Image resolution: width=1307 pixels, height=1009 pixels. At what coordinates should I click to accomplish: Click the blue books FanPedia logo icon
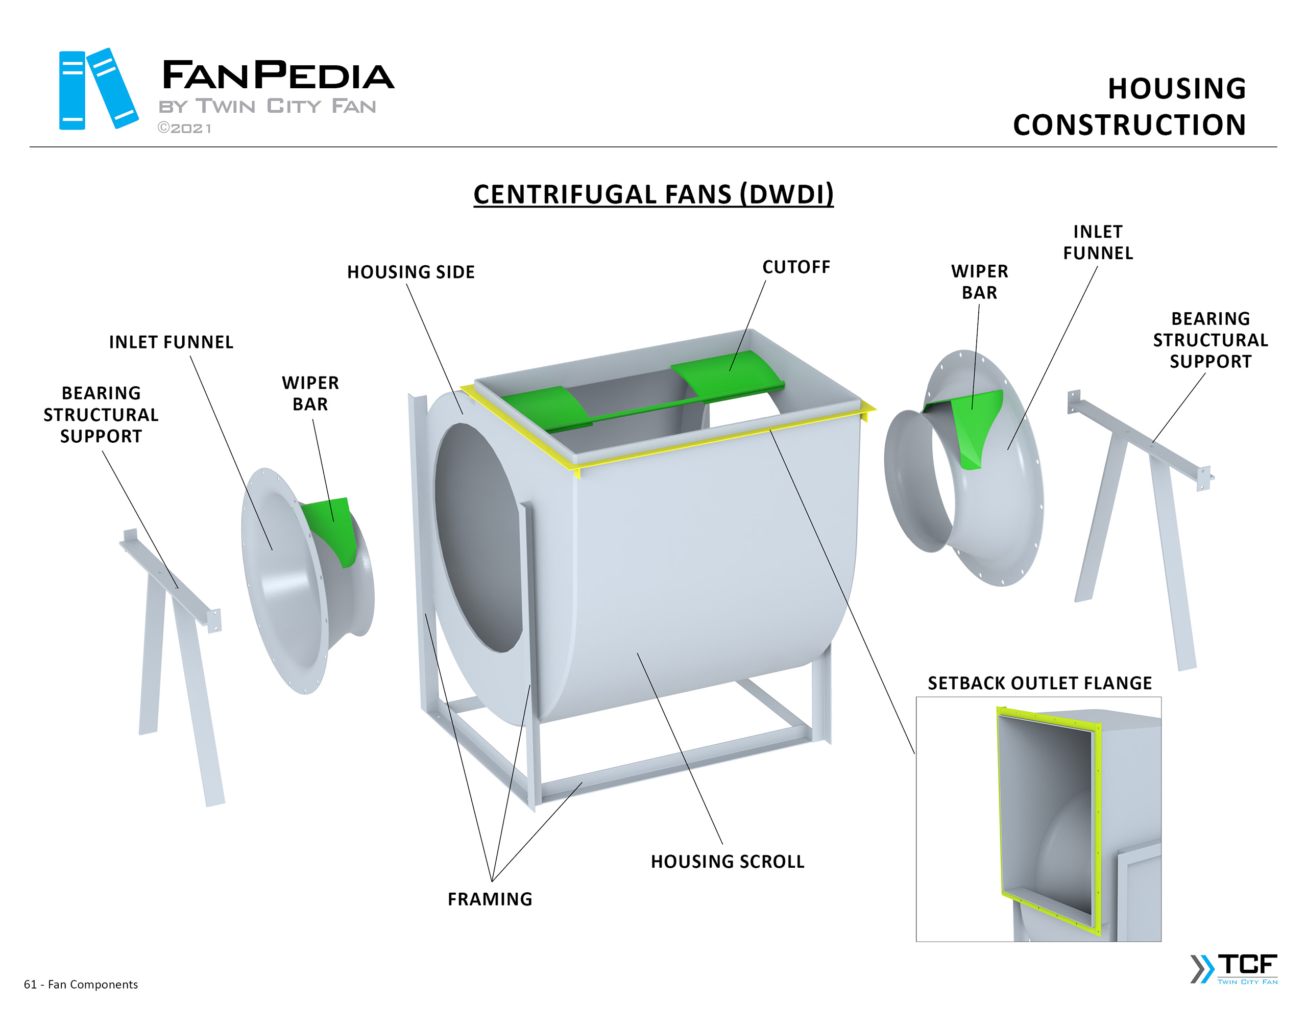(x=98, y=89)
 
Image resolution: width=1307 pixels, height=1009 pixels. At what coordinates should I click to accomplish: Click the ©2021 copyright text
(x=184, y=128)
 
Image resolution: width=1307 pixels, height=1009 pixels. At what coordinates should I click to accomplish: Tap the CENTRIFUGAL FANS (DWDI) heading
(x=653, y=194)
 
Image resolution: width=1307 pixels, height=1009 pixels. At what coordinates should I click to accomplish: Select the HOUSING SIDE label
(x=410, y=272)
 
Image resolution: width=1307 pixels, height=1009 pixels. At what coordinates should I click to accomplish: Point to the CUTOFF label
(x=796, y=267)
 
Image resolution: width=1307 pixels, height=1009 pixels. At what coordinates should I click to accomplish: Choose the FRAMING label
(x=490, y=899)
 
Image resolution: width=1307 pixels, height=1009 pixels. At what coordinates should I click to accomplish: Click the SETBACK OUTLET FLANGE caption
(x=1039, y=683)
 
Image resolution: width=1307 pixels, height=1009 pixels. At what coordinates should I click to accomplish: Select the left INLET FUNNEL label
(x=171, y=342)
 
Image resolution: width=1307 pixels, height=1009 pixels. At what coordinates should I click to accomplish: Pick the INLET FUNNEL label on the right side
(x=1098, y=242)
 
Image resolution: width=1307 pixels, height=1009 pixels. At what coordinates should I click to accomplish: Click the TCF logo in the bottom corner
(x=1234, y=968)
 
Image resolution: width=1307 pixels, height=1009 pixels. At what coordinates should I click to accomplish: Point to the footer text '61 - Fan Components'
(x=81, y=985)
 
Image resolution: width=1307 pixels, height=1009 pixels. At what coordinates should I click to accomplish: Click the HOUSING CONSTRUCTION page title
(x=1129, y=107)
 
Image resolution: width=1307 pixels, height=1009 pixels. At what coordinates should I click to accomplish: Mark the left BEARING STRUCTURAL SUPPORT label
(x=101, y=415)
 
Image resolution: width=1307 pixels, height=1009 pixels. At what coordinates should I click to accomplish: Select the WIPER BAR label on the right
(x=979, y=282)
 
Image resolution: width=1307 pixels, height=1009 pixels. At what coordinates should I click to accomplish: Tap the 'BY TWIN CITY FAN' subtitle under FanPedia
(x=267, y=107)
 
